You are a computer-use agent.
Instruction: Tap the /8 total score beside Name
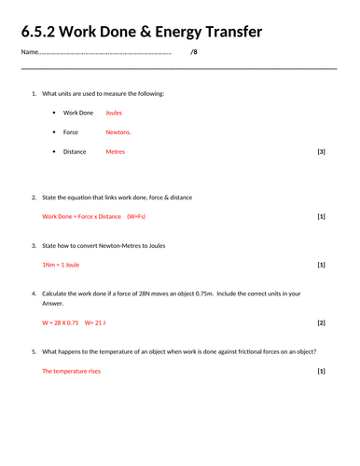tap(193, 52)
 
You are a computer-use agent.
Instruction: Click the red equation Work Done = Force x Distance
tap(82, 216)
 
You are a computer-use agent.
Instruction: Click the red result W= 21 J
tap(95, 322)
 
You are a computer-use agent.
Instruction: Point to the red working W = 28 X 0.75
tap(61, 322)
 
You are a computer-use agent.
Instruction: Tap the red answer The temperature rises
tap(71, 371)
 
